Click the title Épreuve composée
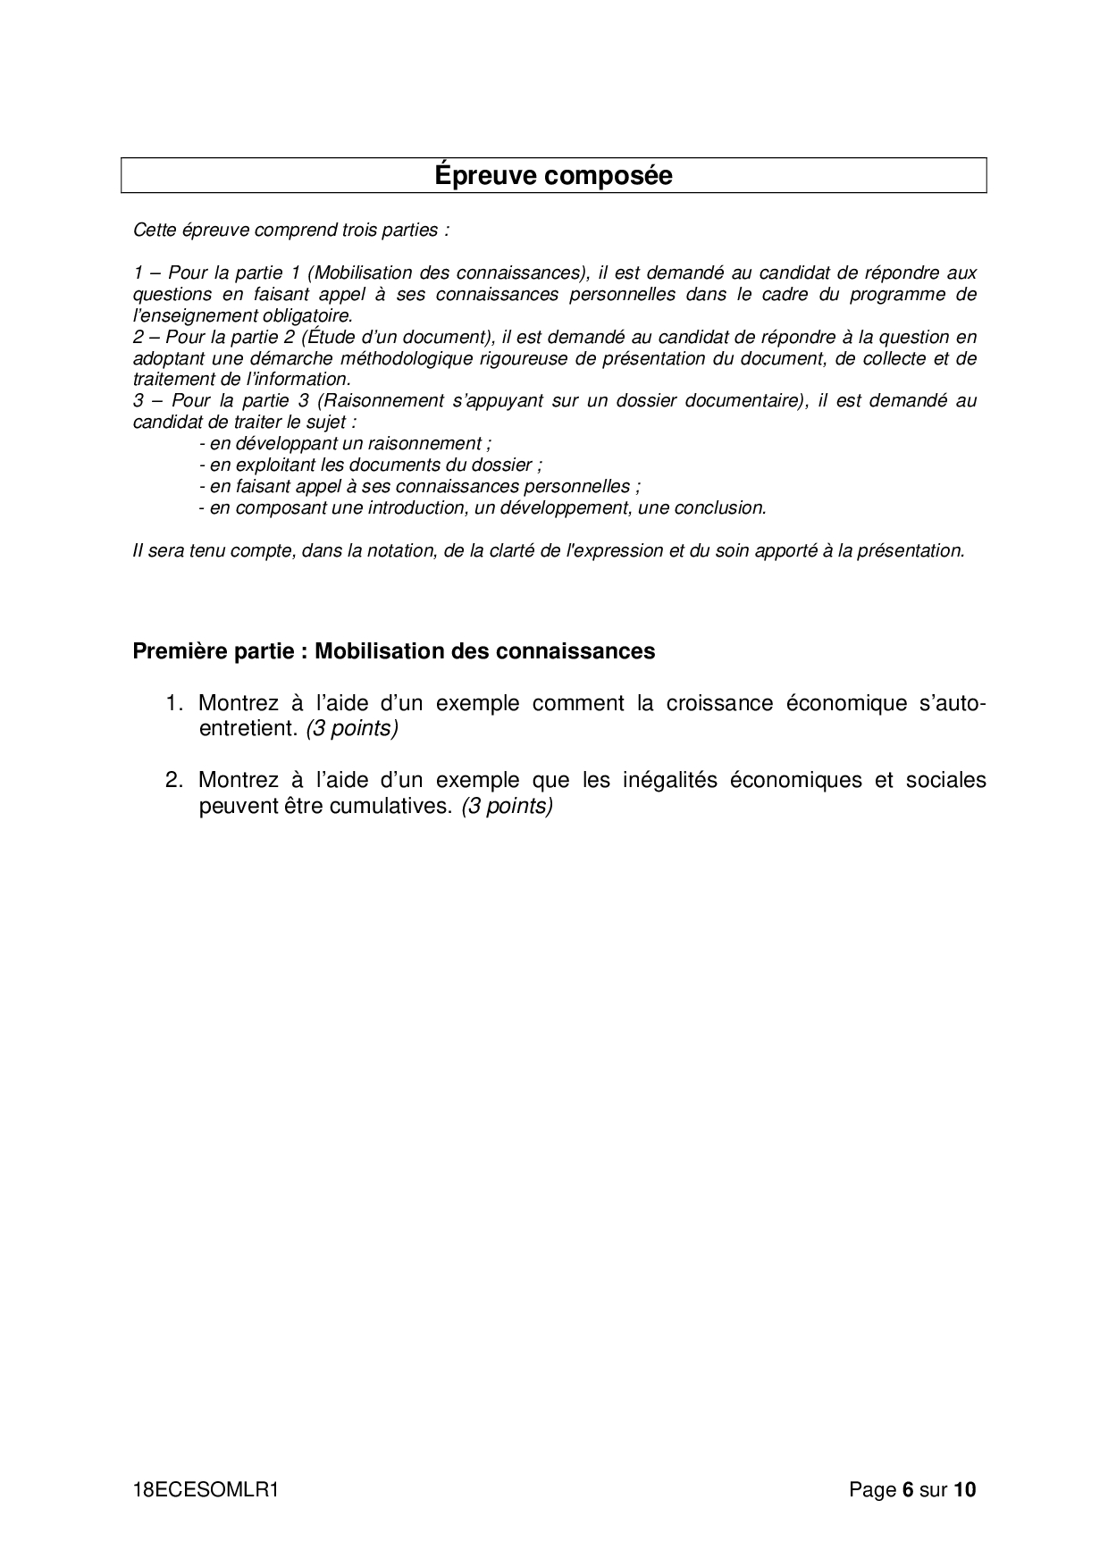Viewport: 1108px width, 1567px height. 553,175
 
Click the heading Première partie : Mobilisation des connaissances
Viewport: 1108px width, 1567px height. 393,651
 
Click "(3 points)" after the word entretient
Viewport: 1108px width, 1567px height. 351,729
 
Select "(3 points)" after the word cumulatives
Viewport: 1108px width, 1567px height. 508,806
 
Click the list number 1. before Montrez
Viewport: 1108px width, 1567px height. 174,703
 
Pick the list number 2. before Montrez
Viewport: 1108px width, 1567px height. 174,780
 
